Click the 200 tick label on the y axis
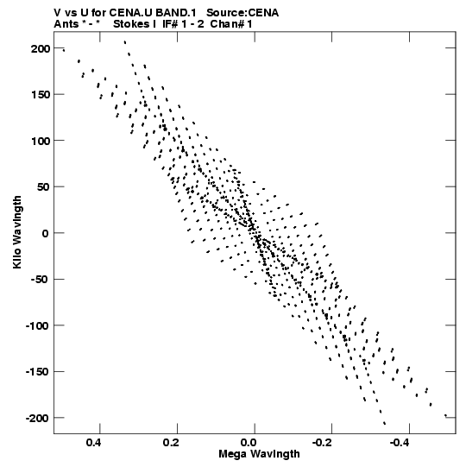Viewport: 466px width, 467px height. (x=41, y=48)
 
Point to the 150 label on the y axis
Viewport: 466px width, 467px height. (x=41, y=95)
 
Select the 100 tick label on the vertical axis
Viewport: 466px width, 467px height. (x=41, y=141)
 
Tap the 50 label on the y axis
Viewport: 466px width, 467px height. (x=43, y=187)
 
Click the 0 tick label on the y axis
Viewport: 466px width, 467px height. (x=45, y=233)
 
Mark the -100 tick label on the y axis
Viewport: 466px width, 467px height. (x=36, y=325)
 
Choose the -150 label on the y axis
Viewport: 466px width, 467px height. (x=36, y=372)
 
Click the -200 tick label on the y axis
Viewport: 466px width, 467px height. (x=36, y=418)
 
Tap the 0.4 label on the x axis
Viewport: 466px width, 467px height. (x=93, y=443)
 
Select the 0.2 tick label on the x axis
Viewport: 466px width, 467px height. (x=171, y=443)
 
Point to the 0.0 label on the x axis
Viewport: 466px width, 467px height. (x=249, y=443)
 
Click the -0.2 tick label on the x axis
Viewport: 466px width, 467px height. (x=322, y=443)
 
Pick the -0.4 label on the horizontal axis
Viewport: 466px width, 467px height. (x=400, y=443)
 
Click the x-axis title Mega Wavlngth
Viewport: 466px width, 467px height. (x=259, y=454)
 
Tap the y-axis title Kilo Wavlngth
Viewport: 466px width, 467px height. (x=17, y=232)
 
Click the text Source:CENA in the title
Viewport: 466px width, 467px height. (x=242, y=13)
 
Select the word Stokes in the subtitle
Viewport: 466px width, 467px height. (x=135, y=24)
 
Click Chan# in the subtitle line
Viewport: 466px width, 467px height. (x=227, y=24)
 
